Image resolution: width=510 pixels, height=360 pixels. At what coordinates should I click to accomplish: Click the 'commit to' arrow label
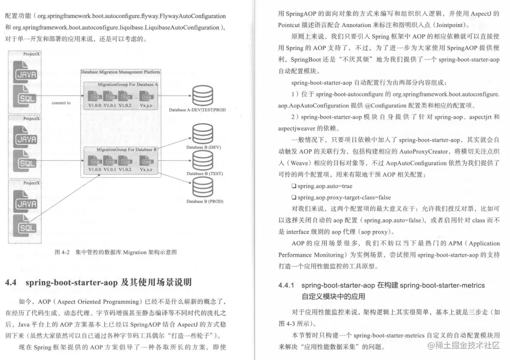[x=61, y=103]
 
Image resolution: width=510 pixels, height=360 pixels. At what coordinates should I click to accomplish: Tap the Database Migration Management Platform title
[x=121, y=72]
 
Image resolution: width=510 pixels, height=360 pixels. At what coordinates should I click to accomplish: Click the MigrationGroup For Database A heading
[x=128, y=84]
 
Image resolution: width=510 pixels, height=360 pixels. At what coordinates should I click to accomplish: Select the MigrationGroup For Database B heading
[x=127, y=149]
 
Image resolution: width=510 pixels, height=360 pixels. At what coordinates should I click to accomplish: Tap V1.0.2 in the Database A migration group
[x=127, y=106]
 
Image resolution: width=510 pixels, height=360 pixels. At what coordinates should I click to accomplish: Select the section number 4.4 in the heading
[x=11, y=283]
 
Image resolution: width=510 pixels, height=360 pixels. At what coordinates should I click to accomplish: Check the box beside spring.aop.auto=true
[x=294, y=186]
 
